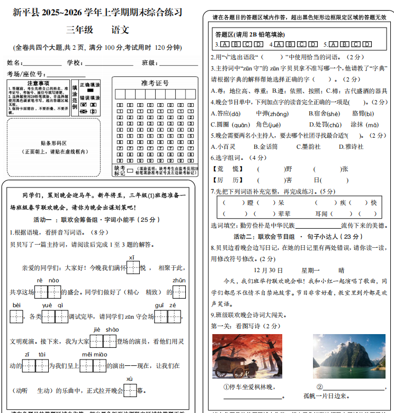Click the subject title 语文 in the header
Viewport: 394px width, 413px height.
point(120,30)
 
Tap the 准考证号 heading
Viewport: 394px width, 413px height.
point(155,83)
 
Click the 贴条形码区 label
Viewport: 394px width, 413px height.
point(54,143)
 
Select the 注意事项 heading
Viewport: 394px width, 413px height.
point(38,84)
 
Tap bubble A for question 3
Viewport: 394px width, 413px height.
point(226,44)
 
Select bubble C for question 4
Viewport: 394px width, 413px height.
point(302,44)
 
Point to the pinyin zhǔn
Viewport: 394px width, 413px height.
point(178,280)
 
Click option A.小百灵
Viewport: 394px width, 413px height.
point(223,147)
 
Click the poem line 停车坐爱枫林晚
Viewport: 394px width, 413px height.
point(249,387)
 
